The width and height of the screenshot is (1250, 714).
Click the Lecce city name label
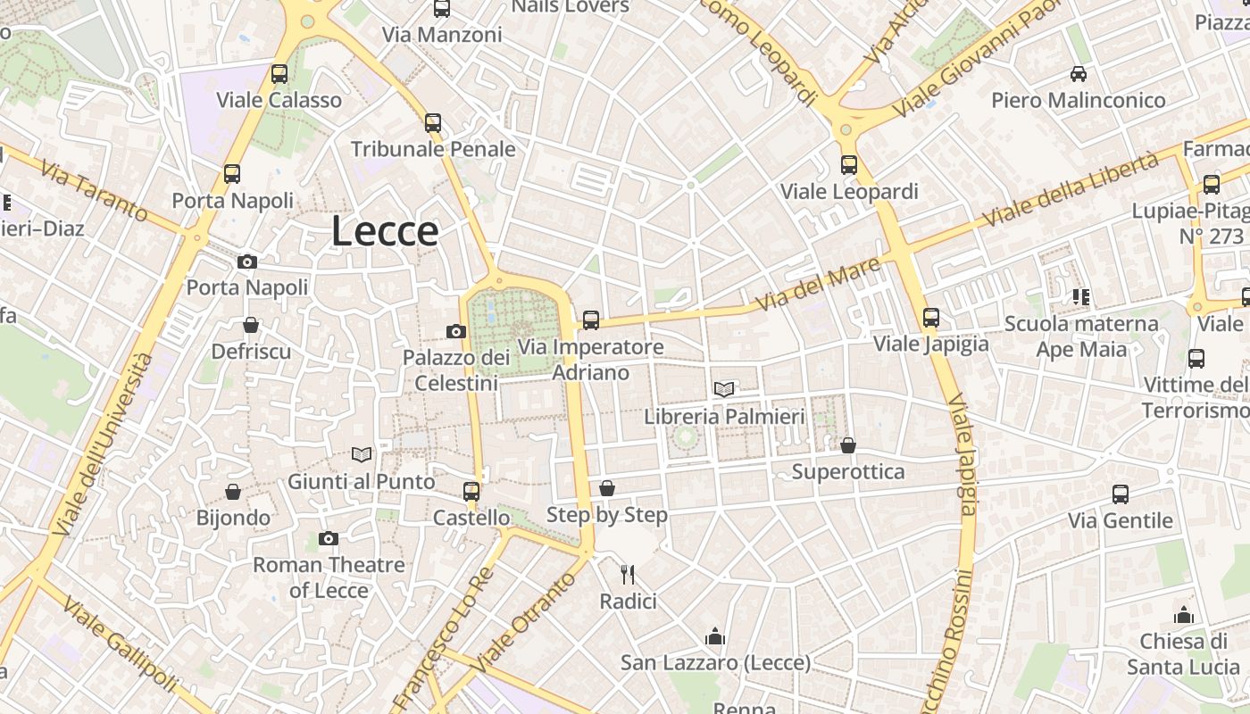385,231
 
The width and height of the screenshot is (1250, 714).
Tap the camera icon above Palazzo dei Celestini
456,332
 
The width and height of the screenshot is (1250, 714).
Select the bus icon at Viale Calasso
279,74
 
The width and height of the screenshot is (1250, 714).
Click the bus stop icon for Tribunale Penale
433,123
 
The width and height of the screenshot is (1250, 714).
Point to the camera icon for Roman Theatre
329,538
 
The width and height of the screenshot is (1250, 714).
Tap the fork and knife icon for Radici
628,574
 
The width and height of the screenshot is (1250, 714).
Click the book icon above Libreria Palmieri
724,389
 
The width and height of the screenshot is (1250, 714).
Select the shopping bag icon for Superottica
848,444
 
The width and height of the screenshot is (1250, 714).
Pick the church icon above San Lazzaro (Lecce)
715,636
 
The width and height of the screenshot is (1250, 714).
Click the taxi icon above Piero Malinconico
1079,74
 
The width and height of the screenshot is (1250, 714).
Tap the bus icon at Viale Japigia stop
931,317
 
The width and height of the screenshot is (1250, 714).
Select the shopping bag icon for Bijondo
233,492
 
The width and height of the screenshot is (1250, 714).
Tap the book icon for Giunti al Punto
362,455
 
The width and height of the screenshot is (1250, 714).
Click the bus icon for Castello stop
471,491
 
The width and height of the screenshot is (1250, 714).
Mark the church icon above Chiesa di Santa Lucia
1184,615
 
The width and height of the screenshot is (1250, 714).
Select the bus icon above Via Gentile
1121,494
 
